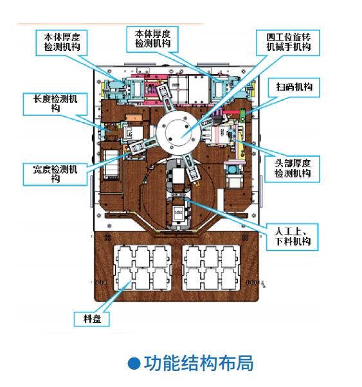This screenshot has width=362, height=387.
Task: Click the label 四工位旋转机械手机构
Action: pyautogui.click(x=288, y=42)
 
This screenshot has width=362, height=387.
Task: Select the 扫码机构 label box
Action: pyautogui.click(x=294, y=87)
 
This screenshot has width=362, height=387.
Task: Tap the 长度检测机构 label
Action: pyautogui.click(x=55, y=104)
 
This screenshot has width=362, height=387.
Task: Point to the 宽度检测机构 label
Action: pyautogui.click(x=55, y=174)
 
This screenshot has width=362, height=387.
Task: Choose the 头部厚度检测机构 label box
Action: pyautogui.click(x=292, y=169)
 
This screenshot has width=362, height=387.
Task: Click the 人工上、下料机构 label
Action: pyautogui.click(x=292, y=237)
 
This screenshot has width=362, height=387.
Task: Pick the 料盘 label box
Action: pyautogui.click(x=91, y=319)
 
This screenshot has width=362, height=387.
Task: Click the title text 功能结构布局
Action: pyautogui.click(x=199, y=363)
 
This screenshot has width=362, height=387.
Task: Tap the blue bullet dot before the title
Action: pyautogui.click(x=134, y=363)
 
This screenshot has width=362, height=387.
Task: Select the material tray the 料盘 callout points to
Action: pyautogui.click(x=143, y=268)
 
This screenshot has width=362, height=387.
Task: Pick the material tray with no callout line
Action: pyautogui.click(x=211, y=268)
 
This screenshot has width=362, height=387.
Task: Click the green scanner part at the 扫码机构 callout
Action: pyautogui.click(x=242, y=115)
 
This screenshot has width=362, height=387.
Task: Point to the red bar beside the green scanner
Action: pyautogui.click(x=231, y=112)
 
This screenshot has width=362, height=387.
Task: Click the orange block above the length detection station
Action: pyautogui.click(x=134, y=118)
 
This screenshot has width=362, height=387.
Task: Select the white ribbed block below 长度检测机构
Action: pyautogui.click(x=111, y=163)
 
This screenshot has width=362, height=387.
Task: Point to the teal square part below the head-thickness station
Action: pyautogui.click(x=232, y=170)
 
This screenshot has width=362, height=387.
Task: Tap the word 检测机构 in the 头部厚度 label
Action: pyautogui.click(x=292, y=174)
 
